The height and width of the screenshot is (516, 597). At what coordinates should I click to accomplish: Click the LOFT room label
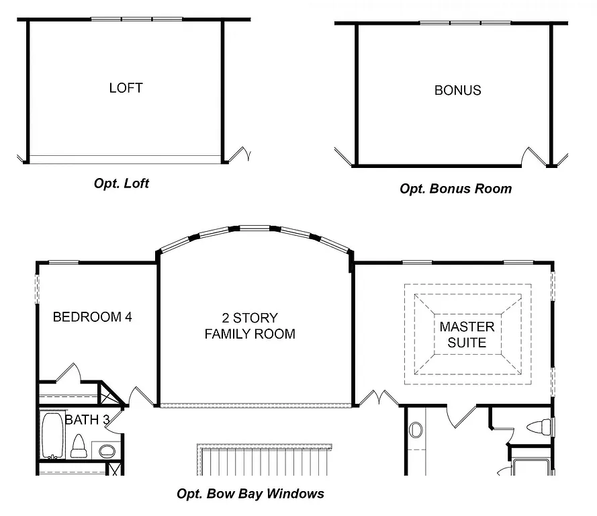(x=126, y=87)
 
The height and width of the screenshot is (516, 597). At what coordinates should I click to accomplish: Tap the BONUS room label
(x=457, y=90)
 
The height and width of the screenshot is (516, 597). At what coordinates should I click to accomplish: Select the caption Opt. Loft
(x=122, y=183)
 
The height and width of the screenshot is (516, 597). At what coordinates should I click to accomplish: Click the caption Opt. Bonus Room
(x=455, y=189)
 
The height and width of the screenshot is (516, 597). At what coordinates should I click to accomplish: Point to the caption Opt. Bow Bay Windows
(x=250, y=494)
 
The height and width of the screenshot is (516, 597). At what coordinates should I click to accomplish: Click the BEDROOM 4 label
(x=92, y=316)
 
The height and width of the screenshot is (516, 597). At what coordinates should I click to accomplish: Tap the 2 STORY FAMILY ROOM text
(x=250, y=325)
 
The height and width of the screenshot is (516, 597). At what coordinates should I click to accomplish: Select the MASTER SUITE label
(x=467, y=335)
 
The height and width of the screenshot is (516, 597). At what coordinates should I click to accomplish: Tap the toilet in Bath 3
(x=78, y=445)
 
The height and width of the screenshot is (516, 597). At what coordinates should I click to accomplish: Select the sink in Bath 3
(x=107, y=450)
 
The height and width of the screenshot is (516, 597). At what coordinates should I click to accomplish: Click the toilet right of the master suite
(x=539, y=427)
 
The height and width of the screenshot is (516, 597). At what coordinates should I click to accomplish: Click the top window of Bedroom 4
(x=64, y=262)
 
